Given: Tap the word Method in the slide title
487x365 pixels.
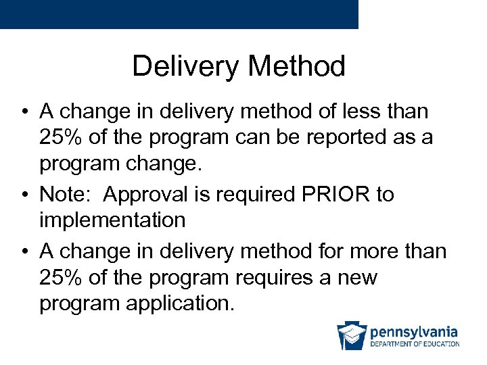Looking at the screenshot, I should tap(297, 66).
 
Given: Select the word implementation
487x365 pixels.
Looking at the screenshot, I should tap(112, 220).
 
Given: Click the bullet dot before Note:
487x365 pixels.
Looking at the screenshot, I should tap(24, 195).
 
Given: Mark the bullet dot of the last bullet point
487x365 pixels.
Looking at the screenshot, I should tap(24, 251).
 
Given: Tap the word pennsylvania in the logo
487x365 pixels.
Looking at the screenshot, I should tap(413, 332).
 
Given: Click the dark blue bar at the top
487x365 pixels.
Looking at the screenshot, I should tap(179, 14).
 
